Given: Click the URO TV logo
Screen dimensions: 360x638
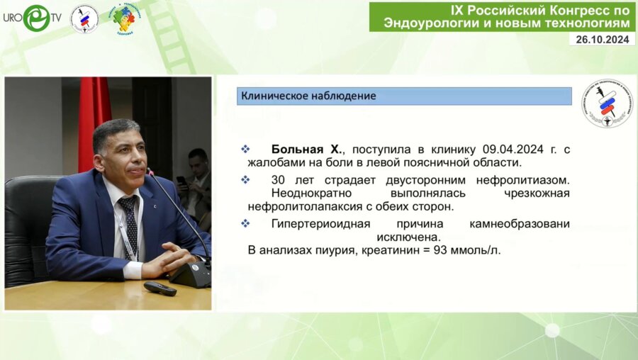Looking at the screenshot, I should coord(33,18).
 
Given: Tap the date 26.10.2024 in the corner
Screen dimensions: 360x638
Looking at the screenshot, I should coord(601,40).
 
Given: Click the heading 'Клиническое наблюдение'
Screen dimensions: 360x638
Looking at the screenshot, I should coord(308,96).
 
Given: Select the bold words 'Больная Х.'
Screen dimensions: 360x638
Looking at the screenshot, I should coord(307,150).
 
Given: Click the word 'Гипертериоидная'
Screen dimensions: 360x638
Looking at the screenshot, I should coord(317,223).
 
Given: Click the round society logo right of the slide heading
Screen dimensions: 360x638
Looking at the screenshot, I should coord(607,103).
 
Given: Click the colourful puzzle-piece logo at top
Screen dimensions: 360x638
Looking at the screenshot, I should coord(124,19).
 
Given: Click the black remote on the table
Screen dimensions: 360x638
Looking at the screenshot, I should coord(159,288).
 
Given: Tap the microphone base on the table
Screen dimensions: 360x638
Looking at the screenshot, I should coord(190,275).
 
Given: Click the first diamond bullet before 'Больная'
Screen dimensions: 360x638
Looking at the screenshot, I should coord(246,150).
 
